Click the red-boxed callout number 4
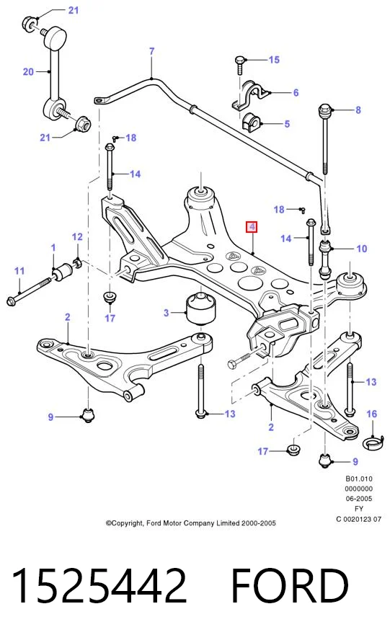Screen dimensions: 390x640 click(x=252, y=226)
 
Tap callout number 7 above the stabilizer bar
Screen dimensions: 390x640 click(x=151, y=51)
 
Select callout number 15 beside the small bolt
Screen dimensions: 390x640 click(x=274, y=60)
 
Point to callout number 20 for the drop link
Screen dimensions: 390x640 click(x=28, y=72)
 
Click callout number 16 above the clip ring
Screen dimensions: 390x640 click(x=372, y=414)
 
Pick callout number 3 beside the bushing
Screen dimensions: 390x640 click(x=166, y=313)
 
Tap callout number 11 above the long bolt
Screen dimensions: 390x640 click(x=19, y=270)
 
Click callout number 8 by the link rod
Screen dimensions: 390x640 click(x=358, y=110)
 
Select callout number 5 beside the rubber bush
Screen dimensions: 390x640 click(x=287, y=124)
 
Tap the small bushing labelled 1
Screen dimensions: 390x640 click(x=63, y=272)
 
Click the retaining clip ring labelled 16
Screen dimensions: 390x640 click(x=373, y=443)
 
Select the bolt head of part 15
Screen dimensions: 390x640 click(x=239, y=61)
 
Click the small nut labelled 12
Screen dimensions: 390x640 click(x=77, y=262)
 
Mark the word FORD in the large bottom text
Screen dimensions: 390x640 click(x=290, y=585)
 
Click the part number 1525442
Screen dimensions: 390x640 click(x=99, y=585)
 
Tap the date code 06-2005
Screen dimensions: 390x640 click(x=358, y=498)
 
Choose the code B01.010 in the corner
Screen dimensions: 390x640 click(x=359, y=479)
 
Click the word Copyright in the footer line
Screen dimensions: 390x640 click(x=125, y=523)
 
